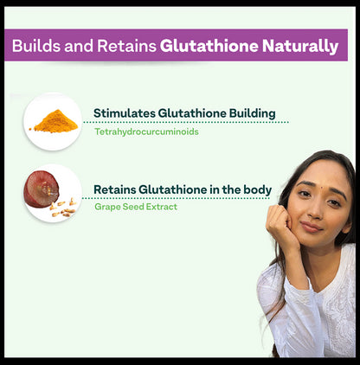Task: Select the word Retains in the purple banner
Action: click(126, 45)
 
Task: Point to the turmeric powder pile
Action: click(55, 121)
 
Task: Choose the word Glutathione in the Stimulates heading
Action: click(194, 113)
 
